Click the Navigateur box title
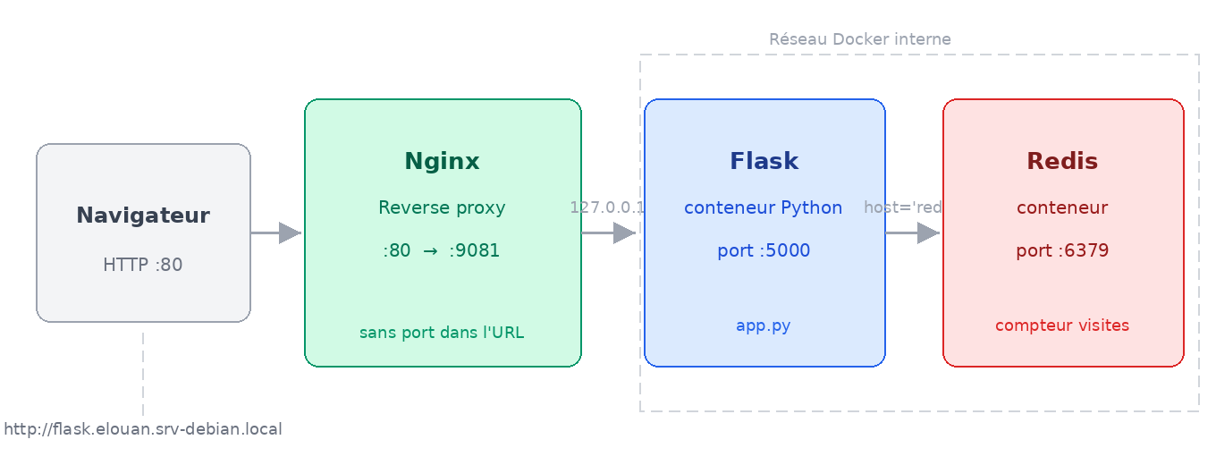[143, 216]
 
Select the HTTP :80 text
[143, 265]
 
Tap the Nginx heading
[442, 162]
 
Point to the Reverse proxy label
[442, 208]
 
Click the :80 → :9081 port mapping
[442, 250]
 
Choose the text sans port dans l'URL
[442, 333]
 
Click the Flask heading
[764, 162]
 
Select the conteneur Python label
[764, 208]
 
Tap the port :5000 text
[764, 250]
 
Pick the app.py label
[764, 325]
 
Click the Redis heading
[1062, 162]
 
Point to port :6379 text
[1062, 250]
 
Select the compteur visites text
[1062, 325]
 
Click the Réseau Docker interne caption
[859, 39]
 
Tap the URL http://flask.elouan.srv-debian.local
[143, 430]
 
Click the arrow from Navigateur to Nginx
[276, 233]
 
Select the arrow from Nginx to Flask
[609, 233]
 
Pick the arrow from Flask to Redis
[913, 233]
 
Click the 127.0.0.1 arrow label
[607, 207]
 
